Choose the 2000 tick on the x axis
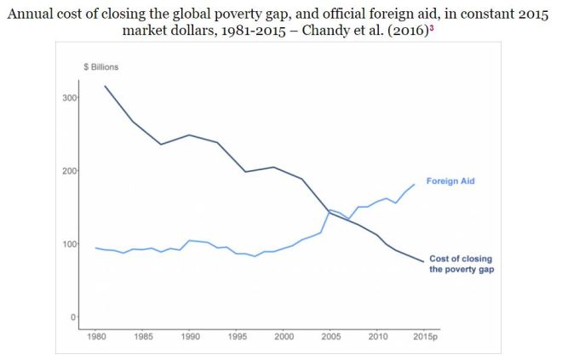coord(283,335)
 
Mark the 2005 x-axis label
coord(330,335)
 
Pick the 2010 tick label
coord(376,335)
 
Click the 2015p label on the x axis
coord(425,335)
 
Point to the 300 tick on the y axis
coord(70,98)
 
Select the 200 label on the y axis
coord(70,171)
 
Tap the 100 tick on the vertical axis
coord(70,244)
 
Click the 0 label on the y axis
coord(74,317)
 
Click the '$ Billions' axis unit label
coord(100,67)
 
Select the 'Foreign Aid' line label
coord(450,181)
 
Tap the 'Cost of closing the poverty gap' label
coord(461,264)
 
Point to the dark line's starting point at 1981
coord(105,86)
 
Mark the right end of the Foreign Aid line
coord(415,184)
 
